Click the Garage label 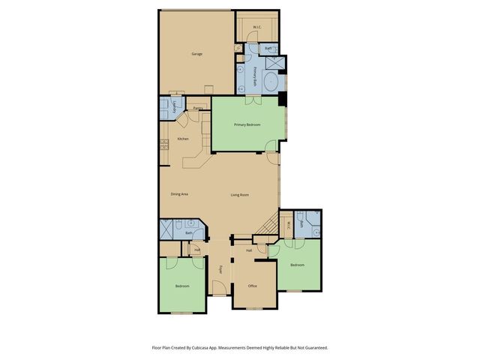[197, 54]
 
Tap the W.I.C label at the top [256, 28]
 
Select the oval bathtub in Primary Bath [271, 78]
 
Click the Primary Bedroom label [247, 124]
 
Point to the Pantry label [197, 109]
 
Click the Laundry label [175, 107]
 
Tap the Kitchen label [182, 139]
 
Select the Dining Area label [178, 194]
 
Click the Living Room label [239, 195]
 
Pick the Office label [252, 286]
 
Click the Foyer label [220, 269]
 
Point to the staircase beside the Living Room [265, 223]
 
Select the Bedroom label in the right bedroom [297, 265]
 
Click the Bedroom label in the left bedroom [182, 286]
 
